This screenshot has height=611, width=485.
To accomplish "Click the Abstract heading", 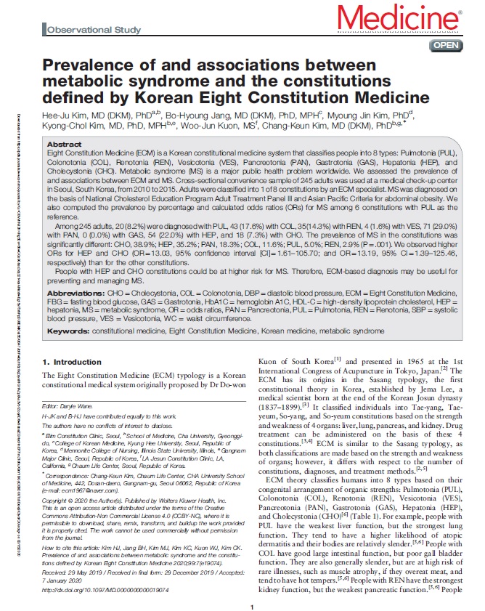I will click(x=64, y=145).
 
